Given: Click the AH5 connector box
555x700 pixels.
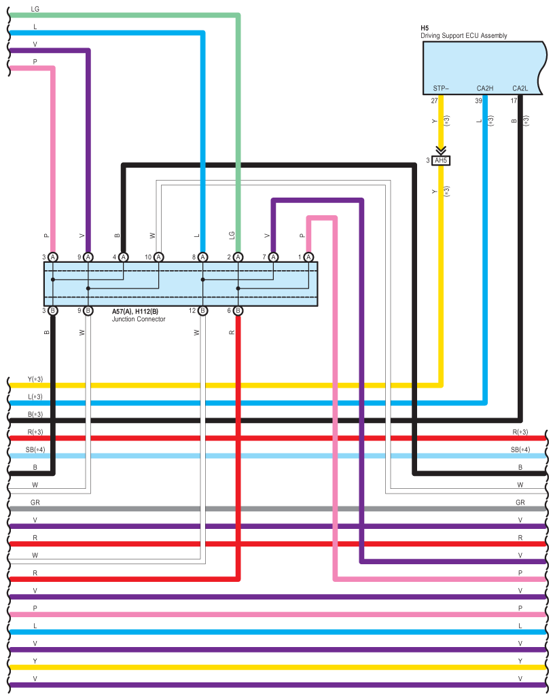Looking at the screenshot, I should coord(442,161).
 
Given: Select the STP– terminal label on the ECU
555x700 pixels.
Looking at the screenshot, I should coord(441,88).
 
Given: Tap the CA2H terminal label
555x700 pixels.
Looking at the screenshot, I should coord(484,88).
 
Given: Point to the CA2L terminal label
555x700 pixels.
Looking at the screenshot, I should coord(520,88).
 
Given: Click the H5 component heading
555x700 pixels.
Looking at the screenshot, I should coord(425,28).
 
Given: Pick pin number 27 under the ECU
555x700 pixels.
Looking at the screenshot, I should coord(434,100).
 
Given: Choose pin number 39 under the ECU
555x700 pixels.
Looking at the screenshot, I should coord(478,100).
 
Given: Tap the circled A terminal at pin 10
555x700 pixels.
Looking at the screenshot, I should coord(158,257).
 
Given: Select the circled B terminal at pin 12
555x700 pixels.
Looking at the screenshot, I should coord(202,310).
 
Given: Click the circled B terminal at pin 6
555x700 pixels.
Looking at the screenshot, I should coord(238,310).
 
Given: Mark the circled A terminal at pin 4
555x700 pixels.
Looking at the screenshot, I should coord(123,257).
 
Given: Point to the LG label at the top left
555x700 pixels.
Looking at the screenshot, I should coord(35,10).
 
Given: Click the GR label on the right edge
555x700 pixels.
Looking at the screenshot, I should coord(520,502).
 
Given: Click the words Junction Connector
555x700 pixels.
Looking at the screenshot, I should coord(139,319).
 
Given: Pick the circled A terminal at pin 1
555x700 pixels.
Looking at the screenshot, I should coord(308,257).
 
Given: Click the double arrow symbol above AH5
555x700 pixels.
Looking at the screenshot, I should coord(442,151).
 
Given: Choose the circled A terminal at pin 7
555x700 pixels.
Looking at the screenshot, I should coord(273,257).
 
